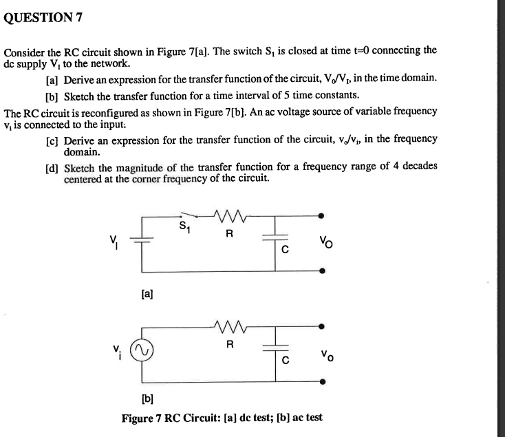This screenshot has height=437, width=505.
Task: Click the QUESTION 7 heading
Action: [x=43, y=19]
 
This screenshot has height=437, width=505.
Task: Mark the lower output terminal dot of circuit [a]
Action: [x=323, y=272]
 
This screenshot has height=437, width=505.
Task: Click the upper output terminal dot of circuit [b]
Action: [x=323, y=326]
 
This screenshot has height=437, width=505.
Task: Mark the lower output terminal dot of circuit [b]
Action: [x=323, y=381]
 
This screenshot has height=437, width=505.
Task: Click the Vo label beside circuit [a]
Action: [x=324, y=243]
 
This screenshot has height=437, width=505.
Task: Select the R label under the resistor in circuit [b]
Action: [x=230, y=343]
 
